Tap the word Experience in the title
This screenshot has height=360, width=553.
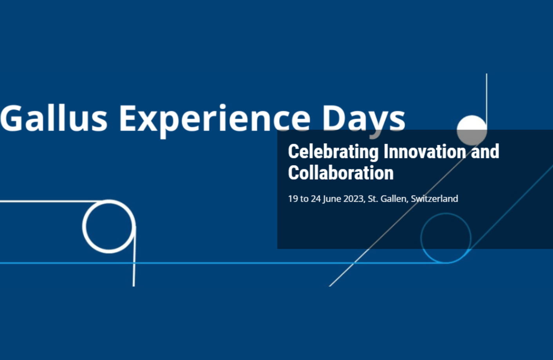[x=215, y=121]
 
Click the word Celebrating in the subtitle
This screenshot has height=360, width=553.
[x=333, y=152]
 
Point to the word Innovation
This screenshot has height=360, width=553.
[x=425, y=151]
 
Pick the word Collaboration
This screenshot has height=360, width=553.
[x=341, y=173]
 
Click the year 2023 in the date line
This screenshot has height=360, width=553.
[x=354, y=199]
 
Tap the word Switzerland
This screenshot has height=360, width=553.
[x=434, y=199]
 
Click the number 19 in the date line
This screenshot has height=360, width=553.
[x=293, y=199]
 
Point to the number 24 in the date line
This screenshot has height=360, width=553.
[x=316, y=199]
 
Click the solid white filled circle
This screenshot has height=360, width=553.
[x=472, y=130]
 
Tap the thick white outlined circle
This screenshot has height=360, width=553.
[x=83, y=227]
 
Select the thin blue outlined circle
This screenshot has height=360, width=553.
[x=421, y=238]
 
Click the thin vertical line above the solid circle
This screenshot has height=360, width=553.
[x=486, y=99]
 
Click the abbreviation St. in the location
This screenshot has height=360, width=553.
[x=373, y=199]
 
